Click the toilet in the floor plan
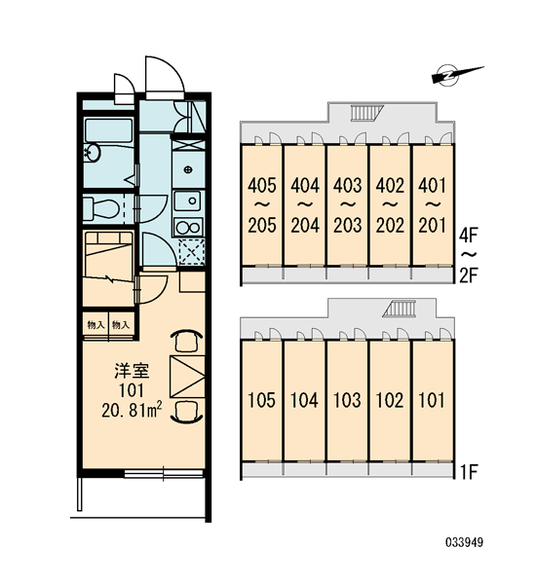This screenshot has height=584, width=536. coord(100,208)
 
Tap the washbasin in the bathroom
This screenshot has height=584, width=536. coord(92,153)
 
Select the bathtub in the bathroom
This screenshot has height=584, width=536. coord(108,130)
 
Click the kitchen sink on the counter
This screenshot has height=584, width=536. coord(188,201)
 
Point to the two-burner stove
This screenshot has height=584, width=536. coord(188,227)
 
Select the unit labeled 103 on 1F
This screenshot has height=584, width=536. coord(347,401)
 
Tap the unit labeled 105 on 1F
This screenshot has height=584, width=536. coord(261,401)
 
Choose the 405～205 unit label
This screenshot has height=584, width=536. coord(262,205)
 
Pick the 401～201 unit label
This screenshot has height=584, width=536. coord(432,205)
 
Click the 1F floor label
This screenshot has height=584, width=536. coord(469,472)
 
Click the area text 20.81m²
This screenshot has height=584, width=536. coord(132,410)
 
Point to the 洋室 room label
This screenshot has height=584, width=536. coord(132,371)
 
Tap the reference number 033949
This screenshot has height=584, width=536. coord(465,543)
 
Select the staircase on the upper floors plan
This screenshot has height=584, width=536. coord(367,113)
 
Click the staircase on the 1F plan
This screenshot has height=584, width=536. coord(399,309)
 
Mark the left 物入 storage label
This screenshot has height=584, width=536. coord(96,325)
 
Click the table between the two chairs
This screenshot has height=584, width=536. coord(187,377)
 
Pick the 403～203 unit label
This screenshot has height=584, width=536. coord(347,205)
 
